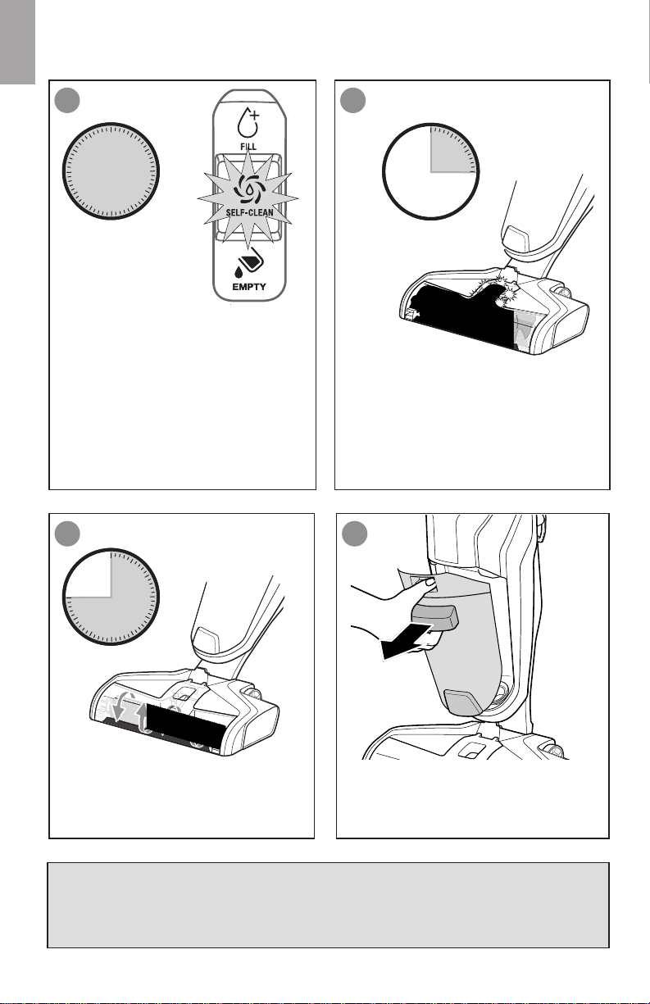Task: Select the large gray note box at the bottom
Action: pos(328,904)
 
